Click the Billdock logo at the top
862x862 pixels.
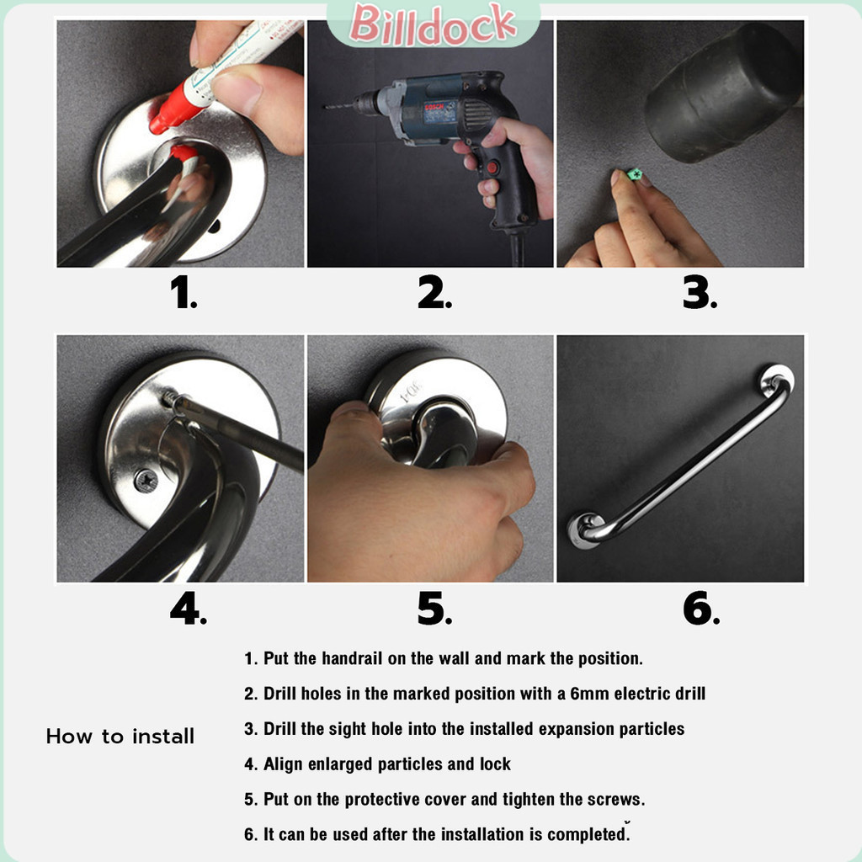(433, 24)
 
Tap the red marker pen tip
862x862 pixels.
(156, 127)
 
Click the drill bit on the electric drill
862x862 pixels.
(338, 105)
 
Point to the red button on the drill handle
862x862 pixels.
(492, 168)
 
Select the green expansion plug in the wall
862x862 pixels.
(635, 175)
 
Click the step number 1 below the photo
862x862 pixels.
(183, 292)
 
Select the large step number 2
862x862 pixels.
(434, 292)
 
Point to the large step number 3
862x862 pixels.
(700, 292)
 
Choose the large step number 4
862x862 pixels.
(188, 608)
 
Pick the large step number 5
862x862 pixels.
(434, 608)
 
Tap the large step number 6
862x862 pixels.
(701, 608)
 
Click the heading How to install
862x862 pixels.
(120, 736)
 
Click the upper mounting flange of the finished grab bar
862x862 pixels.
(777, 379)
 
